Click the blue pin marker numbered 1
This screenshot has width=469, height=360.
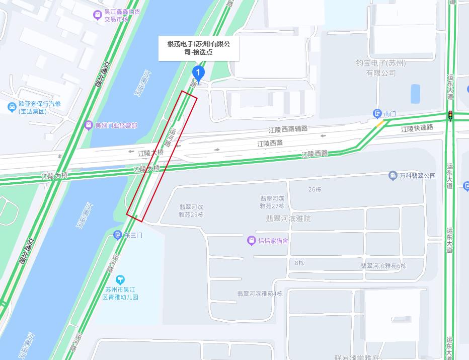click(198, 74)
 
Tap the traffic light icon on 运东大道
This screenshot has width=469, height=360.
click(450, 115)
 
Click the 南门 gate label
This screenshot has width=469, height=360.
click(390, 114)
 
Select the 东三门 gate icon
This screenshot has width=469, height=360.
click(118, 235)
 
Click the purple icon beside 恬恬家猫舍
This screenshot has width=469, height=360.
click(251, 241)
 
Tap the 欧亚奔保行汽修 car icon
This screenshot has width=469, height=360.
click(12, 107)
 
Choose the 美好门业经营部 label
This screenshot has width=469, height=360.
click(116, 125)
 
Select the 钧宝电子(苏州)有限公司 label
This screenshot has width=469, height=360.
click(380, 68)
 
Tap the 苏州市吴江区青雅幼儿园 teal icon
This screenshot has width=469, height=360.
click(120, 279)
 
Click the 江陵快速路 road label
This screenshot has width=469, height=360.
click(417, 128)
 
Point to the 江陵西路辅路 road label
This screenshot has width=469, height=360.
click(288, 129)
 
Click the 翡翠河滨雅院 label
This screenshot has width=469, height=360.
click(288, 219)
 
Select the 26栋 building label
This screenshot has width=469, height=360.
click(315, 189)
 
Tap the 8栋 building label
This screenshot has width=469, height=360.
click(299, 263)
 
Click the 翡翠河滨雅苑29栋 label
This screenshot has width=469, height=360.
click(191, 210)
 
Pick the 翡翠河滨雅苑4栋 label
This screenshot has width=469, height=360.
click(260, 294)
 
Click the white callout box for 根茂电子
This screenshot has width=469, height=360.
click(199, 48)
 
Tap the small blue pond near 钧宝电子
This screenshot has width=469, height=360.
click(415, 94)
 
